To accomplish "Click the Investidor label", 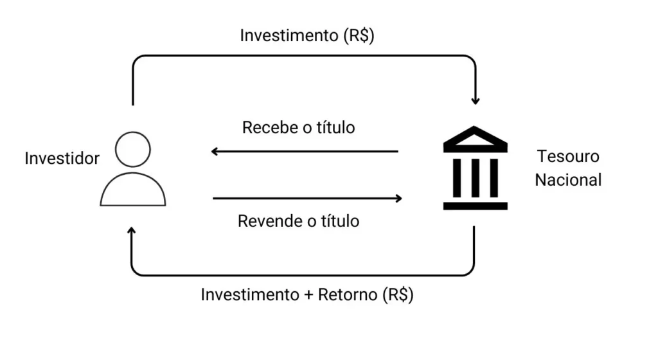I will pyautogui.click(x=62, y=158).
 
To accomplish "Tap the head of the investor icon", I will pyautogui.click(x=133, y=149).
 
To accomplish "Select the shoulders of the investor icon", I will pyautogui.click(x=133, y=190).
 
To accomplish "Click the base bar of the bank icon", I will pyautogui.click(x=475, y=206).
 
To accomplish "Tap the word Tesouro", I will pyautogui.click(x=568, y=156).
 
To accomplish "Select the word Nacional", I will pyautogui.click(x=568, y=179).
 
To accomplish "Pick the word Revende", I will pyautogui.click(x=267, y=221).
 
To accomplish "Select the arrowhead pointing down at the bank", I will pyautogui.click(x=475, y=100).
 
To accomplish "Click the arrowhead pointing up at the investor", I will pyautogui.click(x=132, y=231).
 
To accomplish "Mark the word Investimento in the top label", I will pyautogui.click(x=284, y=35).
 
